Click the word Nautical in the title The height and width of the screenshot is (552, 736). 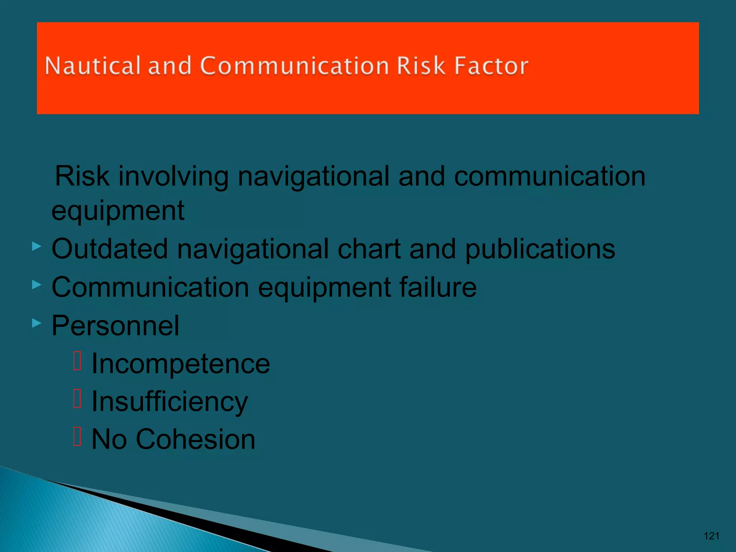coord(92,66)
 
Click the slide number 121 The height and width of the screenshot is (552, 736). coord(711,536)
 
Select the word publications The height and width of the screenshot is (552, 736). coord(540,249)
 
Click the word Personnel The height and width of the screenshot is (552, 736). coord(115,325)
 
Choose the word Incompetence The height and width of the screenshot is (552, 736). coord(180,363)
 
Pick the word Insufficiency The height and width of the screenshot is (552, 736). coord(170,402)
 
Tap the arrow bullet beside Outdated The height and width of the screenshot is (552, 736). coord(36,247)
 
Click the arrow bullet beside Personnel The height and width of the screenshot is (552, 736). coord(36,323)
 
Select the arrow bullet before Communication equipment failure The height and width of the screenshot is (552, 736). coord(36,285)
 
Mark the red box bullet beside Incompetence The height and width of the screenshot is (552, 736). coord(77,360)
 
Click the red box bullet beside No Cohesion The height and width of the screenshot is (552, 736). coord(77,436)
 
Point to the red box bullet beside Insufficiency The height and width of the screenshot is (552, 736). coord(77,399)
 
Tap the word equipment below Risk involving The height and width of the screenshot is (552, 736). coord(118,211)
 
